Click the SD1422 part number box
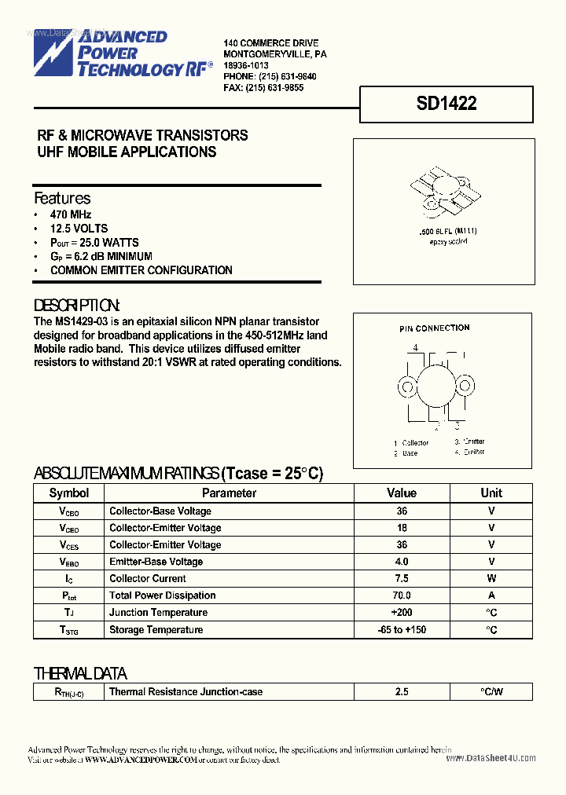pyautogui.click(x=447, y=104)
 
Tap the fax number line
pyautogui.click(x=263, y=88)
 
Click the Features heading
pyautogui.click(x=62, y=198)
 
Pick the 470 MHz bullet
pyautogui.click(x=71, y=214)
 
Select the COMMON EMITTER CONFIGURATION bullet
pyautogui.click(x=141, y=270)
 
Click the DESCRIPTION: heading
pyautogui.click(x=77, y=306)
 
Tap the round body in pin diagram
pyautogui.click(x=437, y=387)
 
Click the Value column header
pyautogui.click(x=402, y=493)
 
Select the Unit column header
pyautogui.click(x=491, y=493)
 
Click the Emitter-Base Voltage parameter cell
pyautogui.click(x=156, y=562)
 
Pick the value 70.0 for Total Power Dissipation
pyautogui.click(x=402, y=595)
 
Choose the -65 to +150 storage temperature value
pyautogui.click(x=402, y=630)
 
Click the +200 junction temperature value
pyautogui.click(x=402, y=613)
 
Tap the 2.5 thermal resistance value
pyautogui.click(x=402, y=692)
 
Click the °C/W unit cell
pyautogui.click(x=491, y=692)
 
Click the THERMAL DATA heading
pyautogui.click(x=79, y=673)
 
